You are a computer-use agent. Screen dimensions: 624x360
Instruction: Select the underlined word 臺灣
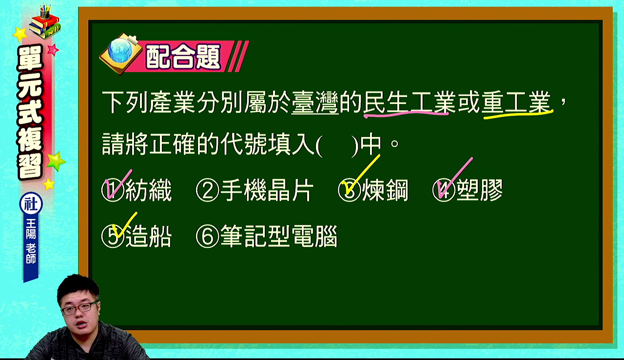(x=315, y=102)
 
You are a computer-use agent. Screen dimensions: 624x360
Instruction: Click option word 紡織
(x=149, y=190)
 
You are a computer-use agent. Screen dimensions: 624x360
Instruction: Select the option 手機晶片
(x=267, y=190)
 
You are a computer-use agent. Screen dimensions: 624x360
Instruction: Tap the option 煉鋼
(x=385, y=190)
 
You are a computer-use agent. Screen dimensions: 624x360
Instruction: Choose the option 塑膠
(x=479, y=190)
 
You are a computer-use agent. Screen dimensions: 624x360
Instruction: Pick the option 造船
(x=149, y=237)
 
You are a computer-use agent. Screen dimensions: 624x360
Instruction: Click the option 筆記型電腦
(x=279, y=237)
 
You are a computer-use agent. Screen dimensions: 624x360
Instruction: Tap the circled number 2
(x=207, y=191)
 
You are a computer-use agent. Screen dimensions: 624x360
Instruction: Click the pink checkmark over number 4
(x=454, y=179)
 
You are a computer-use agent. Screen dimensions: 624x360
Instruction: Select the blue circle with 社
(x=31, y=204)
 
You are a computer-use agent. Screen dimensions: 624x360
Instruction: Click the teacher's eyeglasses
(x=79, y=308)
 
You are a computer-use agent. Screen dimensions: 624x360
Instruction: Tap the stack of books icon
(x=45, y=22)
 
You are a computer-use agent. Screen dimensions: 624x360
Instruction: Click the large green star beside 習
(x=56, y=161)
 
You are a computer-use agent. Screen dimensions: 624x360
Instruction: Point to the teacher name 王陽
(x=31, y=228)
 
